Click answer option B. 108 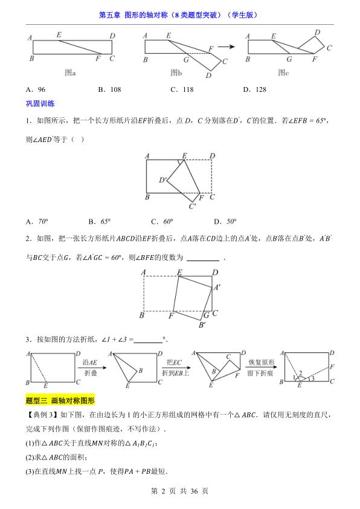pos(109,89)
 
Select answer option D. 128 pos(254,89)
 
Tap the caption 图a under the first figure pos(69,73)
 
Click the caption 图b pos(176,73)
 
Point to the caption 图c pos(283,73)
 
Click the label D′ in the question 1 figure pos(163,180)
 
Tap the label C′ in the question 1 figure pos(193,207)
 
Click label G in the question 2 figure pos(206,315)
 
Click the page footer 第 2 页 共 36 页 pos(179,491)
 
